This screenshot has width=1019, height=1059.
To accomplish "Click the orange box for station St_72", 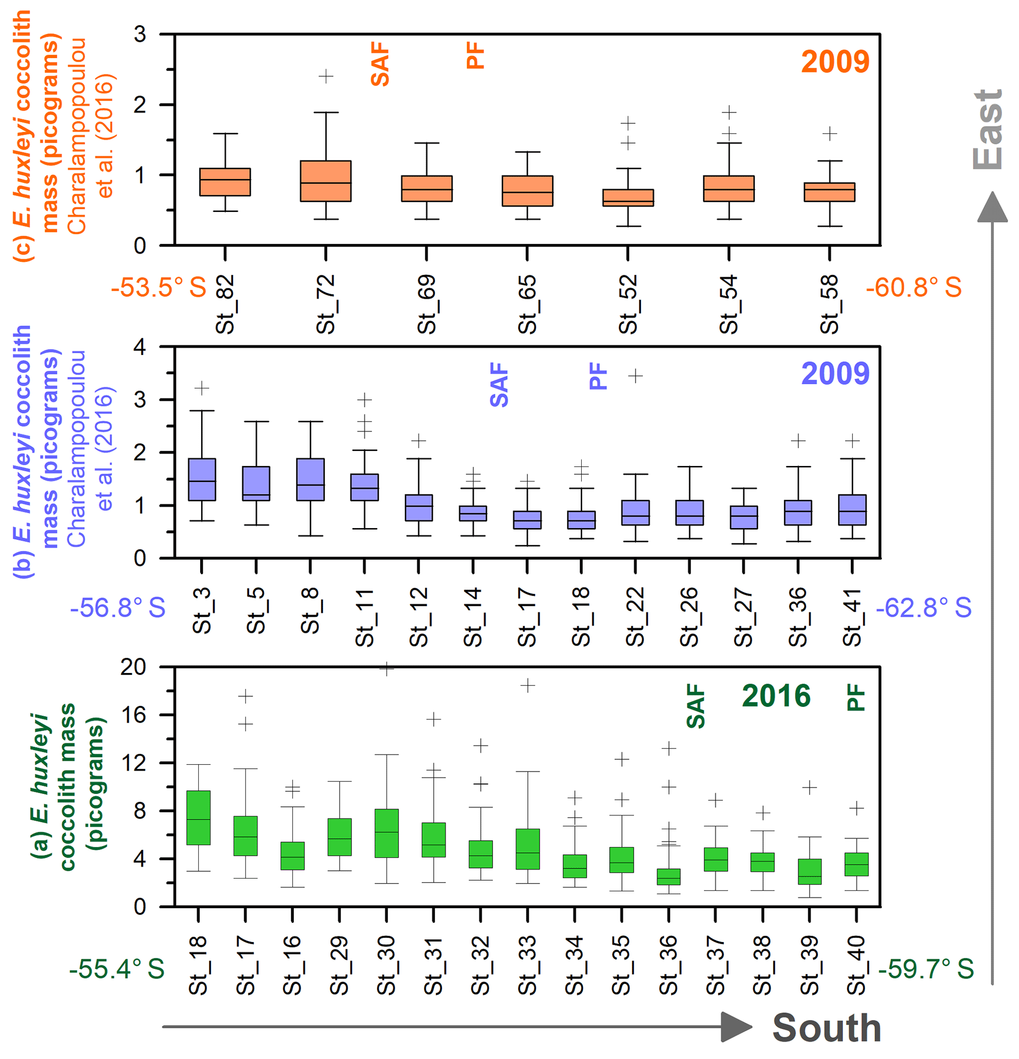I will (x=325, y=181).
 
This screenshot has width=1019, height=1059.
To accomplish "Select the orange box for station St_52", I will (x=628, y=197).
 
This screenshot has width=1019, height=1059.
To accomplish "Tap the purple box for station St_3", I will (x=202, y=479).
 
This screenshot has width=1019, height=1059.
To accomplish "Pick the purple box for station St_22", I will (x=635, y=512).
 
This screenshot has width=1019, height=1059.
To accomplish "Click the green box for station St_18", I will (x=198, y=817).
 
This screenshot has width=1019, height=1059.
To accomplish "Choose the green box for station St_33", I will (x=527, y=849).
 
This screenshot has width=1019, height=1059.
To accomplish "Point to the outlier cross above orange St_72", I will (x=325, y=76).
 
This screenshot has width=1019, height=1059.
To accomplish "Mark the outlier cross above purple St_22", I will (x=635, y=376).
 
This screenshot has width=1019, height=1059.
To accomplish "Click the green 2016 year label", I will (x=776, y=696).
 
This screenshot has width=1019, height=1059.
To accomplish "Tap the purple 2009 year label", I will (x=835, y=373).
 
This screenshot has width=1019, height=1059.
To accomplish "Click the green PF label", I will (x=856, y=697).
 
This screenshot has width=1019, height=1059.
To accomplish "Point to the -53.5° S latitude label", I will (x=158, y=287).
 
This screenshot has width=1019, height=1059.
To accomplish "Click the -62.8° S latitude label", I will (x=923, y=608).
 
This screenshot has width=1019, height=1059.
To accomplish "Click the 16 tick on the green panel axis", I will (x=134, y=715).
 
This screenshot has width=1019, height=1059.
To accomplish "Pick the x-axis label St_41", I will (x=852, y=617).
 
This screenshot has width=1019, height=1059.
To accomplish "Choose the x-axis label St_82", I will (x=225, y=304).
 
